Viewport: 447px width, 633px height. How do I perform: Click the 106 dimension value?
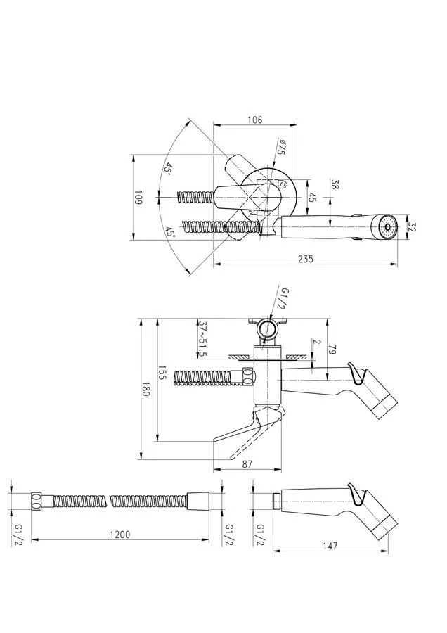coord(254,120)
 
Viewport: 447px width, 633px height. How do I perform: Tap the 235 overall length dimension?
coord(306,259)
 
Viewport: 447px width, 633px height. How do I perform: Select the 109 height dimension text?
coord(138,198)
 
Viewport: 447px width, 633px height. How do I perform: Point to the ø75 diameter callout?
coord(281,147)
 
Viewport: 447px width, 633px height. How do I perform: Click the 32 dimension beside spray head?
coord(412,227)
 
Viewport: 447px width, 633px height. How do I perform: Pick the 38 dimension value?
coord(335,184)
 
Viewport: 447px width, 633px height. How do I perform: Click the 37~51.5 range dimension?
coord(203,338)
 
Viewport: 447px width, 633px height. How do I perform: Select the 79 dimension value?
coord(333,350)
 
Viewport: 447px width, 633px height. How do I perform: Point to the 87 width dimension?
coord(247,464)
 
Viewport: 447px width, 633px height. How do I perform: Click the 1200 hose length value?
coord(120,535)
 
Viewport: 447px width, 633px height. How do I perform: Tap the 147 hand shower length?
coord(330,546)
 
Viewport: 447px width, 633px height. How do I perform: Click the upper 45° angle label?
coord(168,169)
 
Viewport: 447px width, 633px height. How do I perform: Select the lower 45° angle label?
coord(169,233)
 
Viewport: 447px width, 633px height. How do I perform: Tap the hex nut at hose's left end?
coord(37,501)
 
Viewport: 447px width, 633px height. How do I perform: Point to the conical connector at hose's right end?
coord(198,500)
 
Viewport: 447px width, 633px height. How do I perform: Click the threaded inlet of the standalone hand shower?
coord(277,501)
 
